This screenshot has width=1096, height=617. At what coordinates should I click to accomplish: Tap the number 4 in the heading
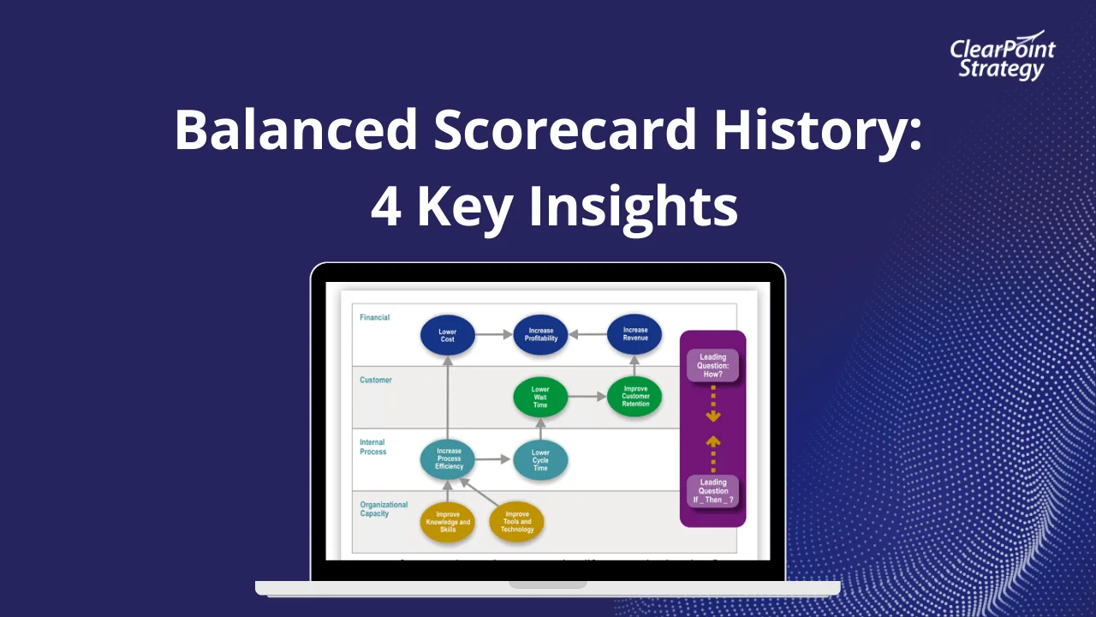pos(385,207)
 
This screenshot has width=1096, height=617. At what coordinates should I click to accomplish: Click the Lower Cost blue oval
pos(447,335)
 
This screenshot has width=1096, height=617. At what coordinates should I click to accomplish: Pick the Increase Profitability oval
pos(540,334)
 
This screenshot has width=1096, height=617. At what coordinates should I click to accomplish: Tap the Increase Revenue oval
pos(634,334)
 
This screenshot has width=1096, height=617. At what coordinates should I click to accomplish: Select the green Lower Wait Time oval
pos(540,398)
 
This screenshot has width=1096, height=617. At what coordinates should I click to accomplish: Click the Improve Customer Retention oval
pos(634,398)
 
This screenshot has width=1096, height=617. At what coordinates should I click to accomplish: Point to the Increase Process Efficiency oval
pos(448,458)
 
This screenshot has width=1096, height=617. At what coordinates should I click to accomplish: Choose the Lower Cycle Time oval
pos(540,459)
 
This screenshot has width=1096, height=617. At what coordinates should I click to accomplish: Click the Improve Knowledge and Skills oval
pos(447,522)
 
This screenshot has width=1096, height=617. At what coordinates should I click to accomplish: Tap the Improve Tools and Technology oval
pos(516,522)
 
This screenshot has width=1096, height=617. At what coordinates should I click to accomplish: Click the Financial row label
pos(374,318)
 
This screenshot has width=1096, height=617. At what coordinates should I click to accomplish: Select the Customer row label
pos(376,380)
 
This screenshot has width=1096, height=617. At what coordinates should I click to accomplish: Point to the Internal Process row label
pos(373,447)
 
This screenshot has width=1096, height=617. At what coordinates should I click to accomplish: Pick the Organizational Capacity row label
pos(384,509)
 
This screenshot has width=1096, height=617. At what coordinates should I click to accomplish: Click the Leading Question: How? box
pos(712,366)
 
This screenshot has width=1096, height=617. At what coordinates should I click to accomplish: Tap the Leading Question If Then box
pos(712,491)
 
